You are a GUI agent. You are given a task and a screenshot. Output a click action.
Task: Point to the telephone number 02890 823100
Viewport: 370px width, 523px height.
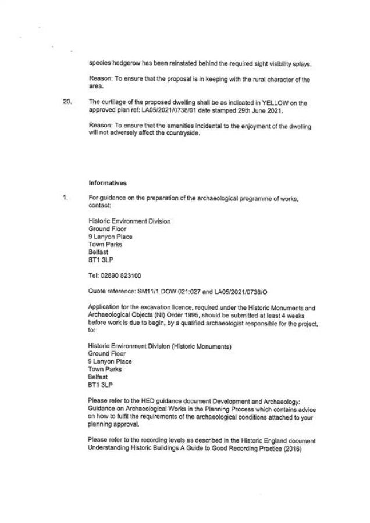tap(121, 275)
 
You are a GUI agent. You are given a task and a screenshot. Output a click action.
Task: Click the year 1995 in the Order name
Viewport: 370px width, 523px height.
tap(173, 313)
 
